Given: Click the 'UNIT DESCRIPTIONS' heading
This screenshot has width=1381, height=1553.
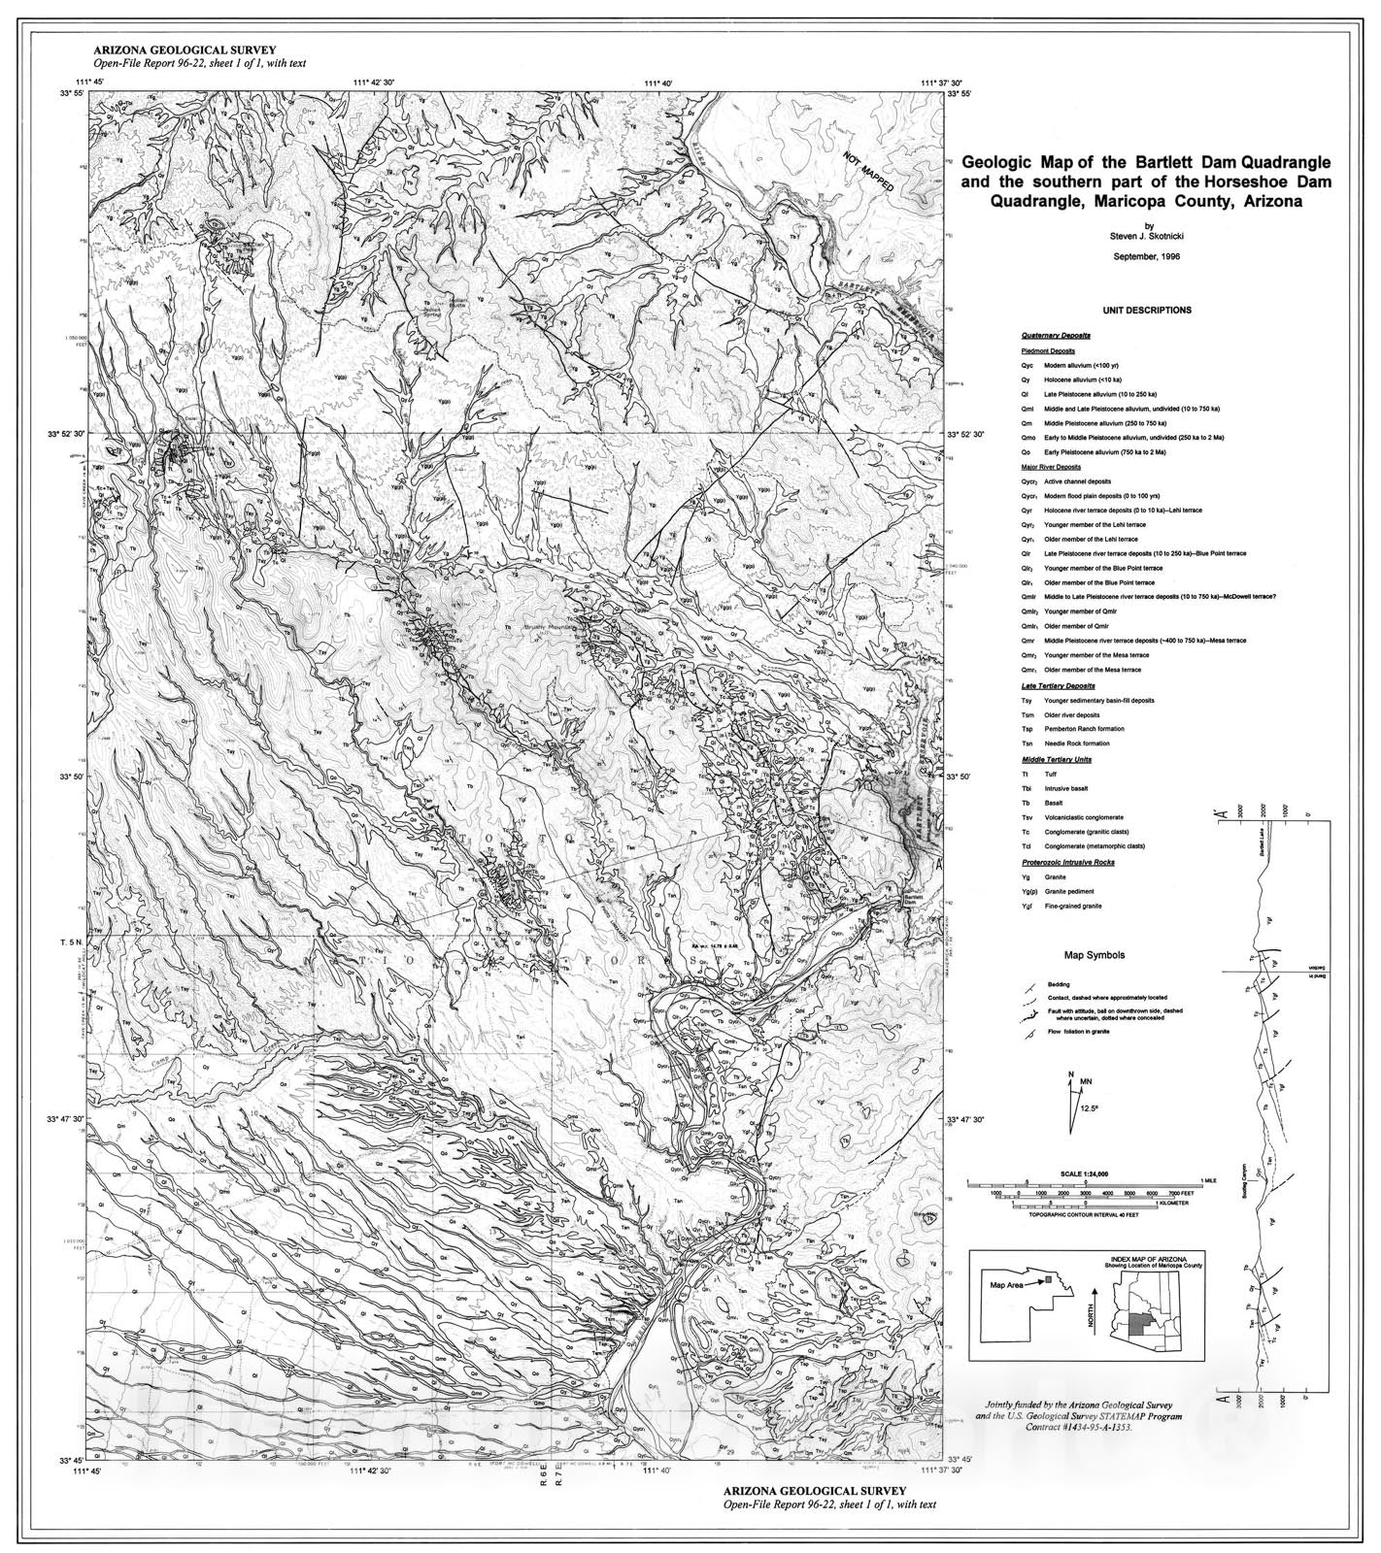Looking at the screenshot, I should [1146, 311].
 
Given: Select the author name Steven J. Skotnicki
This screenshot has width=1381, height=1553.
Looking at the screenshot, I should [1145, 234].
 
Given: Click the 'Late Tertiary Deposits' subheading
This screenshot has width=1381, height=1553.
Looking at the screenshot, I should [1057, 685].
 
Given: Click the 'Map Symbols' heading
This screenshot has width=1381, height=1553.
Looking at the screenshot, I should [1095, 955].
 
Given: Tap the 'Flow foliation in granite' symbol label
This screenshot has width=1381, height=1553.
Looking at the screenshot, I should [1078, 1031].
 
